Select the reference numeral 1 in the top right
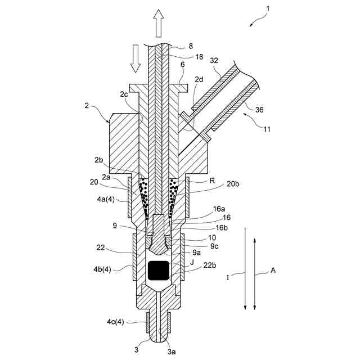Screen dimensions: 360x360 coord(268,10)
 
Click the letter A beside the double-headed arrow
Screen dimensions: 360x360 coord(273,270)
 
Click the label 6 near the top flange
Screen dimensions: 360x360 coord(182,65)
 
